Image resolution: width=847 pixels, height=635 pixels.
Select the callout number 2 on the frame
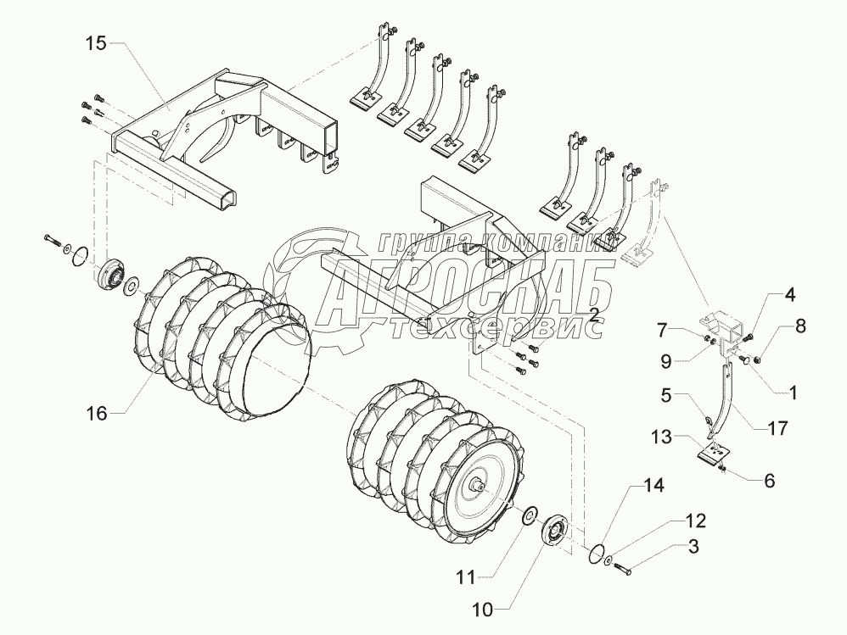(x=595, y=315)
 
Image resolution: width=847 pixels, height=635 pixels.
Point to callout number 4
(x=789, y=297)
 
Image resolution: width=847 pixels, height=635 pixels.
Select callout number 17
(x=776, y=428)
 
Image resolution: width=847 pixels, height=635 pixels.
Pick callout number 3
(x=693, y=547)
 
